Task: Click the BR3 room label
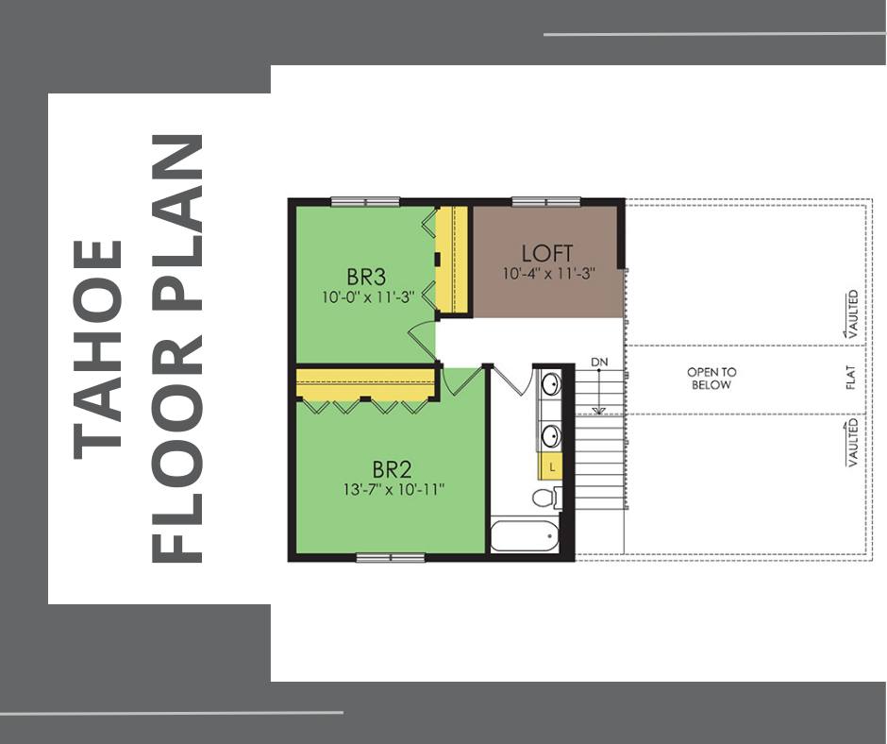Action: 366,278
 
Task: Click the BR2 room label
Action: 392,470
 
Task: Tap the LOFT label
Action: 547,253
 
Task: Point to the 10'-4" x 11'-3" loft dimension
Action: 549,274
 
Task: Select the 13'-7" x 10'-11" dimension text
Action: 393,490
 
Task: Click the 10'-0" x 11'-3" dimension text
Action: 369,296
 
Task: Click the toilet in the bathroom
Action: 544,498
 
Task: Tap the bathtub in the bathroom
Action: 525,535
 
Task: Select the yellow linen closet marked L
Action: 550,467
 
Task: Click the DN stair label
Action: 599,362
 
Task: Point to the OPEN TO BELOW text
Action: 711,379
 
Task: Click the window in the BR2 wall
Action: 391,558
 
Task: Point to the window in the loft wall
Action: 546,201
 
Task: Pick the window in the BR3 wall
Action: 365,201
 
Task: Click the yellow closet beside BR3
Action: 451,260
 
